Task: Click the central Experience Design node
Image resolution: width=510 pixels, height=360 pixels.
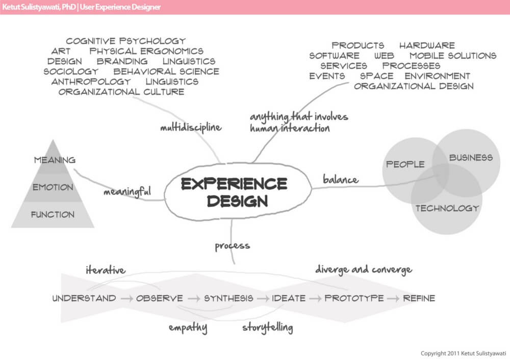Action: click(234, 192)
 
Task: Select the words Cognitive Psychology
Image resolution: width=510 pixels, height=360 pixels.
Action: click(125, 41)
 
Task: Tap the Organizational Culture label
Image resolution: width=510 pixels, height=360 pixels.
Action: click(121, 92)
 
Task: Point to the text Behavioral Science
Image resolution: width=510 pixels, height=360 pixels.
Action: click(166, 71)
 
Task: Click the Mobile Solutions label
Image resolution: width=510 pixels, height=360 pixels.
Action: click(453, 56)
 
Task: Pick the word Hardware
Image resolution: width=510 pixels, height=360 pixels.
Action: click(427, 45)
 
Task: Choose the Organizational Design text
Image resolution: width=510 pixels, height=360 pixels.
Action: click(414, 86)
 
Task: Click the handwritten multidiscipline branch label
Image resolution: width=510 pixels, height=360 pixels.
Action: click(191, 127)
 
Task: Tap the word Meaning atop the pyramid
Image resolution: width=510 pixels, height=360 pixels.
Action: click(55, 160)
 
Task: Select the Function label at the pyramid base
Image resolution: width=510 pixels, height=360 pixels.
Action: click(53, 215)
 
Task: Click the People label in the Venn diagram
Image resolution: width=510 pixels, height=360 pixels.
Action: click(405, 164)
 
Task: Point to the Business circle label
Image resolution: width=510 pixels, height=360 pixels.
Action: click(471, 158)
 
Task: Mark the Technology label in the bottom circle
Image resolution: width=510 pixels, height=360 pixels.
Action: click(447, 208)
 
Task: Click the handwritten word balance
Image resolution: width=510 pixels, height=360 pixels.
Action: click(341, 179)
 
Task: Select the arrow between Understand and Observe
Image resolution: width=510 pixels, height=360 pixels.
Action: click(126, 298)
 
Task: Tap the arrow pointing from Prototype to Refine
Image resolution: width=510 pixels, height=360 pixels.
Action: click(393, 298)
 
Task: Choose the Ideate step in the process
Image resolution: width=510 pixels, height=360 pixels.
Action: click(289, 298)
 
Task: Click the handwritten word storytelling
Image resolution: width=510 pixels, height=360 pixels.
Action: click(268, 327)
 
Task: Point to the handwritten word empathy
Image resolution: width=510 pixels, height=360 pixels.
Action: click(188, 328)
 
